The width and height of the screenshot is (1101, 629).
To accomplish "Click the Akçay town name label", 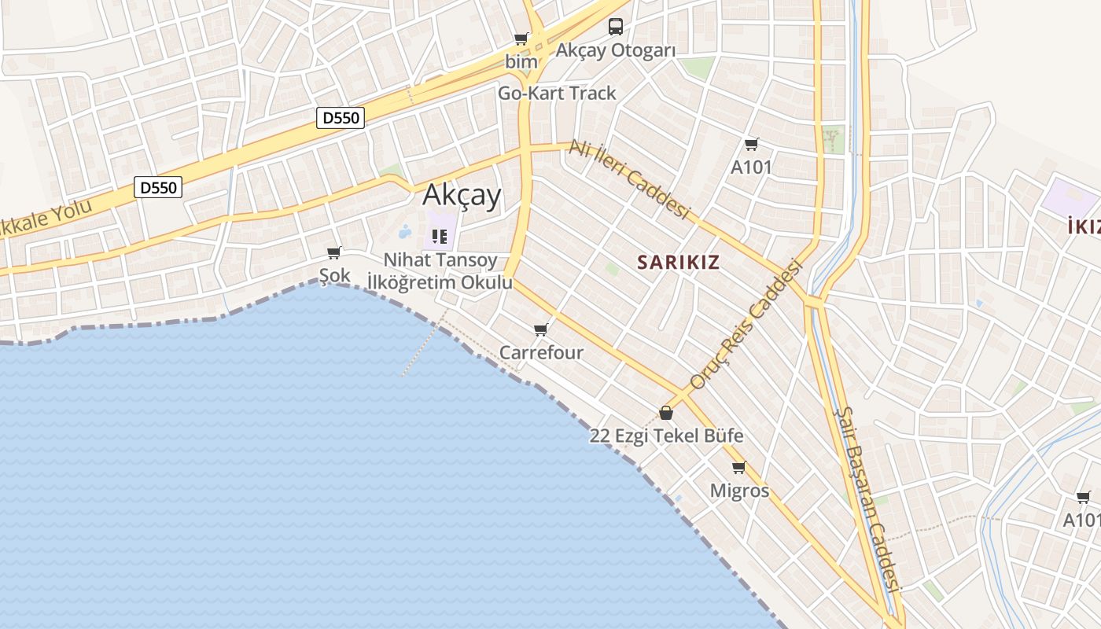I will (462, 195).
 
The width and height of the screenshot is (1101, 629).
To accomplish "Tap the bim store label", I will (521, 61).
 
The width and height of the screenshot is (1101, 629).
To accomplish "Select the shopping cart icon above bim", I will (521, 39).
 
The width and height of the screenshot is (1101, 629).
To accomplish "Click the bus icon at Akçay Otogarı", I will (615, 27).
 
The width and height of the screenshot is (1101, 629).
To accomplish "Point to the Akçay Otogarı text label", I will (616, 50).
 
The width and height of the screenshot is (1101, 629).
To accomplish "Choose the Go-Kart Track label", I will (557, 93).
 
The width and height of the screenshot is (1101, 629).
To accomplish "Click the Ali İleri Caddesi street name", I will (629, 179).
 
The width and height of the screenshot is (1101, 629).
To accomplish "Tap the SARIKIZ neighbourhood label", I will (678, 262).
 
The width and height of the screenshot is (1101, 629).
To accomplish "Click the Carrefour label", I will (541, 352).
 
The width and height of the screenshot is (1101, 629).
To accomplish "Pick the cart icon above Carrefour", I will (539, 329).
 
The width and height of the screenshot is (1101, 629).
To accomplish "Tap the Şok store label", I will (334, 275).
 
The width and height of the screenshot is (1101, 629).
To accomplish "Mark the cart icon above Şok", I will (334, 252).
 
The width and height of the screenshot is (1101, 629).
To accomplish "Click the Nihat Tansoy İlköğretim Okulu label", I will (440, 270).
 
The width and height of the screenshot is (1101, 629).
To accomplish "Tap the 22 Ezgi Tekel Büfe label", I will (666, 436).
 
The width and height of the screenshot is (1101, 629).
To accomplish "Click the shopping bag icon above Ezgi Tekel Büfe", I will (666, 413).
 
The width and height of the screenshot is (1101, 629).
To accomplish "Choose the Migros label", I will (739, 491).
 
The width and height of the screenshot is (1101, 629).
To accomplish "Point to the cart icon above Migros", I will (738, 468).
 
